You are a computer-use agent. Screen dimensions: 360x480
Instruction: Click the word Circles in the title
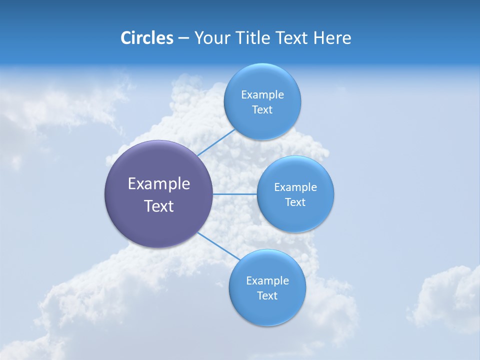tap(146, 38)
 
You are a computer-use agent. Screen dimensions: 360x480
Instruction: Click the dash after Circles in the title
tap(183, 38)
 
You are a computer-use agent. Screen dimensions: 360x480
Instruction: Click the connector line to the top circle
tap(216, 142)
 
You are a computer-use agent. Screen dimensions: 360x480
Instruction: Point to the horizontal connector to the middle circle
tap(234, 194)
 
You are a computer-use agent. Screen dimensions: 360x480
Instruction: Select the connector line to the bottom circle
tap(218, 245)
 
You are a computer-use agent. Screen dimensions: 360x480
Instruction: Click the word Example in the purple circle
tap(159, 184)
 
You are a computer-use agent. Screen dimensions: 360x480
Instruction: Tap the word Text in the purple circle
tap(159, 206)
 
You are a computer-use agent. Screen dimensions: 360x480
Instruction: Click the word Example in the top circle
tap(262, 95)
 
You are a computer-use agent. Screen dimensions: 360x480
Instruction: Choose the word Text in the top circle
tap(262, 110)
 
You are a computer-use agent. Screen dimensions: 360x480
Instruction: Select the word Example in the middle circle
tap(295, 187)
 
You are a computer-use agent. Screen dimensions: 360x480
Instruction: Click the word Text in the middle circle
tap(295, 202)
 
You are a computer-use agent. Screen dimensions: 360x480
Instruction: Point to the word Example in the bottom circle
tap(267, 281)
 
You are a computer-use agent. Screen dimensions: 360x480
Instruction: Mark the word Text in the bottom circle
tap(267, 296)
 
